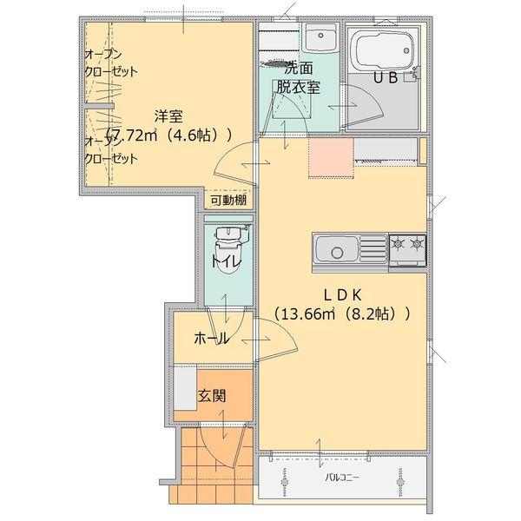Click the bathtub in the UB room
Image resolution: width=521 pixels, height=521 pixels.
point(383,52)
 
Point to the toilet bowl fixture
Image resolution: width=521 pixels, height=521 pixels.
point(228,251)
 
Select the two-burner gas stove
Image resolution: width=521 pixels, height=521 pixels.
point(406,248)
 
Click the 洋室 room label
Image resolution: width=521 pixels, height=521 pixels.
point(168,115)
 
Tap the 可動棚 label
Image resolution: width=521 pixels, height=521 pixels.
point(228,201)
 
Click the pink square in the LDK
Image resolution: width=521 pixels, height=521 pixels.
point(331,157)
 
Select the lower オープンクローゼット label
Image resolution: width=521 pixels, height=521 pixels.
point(110,150)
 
